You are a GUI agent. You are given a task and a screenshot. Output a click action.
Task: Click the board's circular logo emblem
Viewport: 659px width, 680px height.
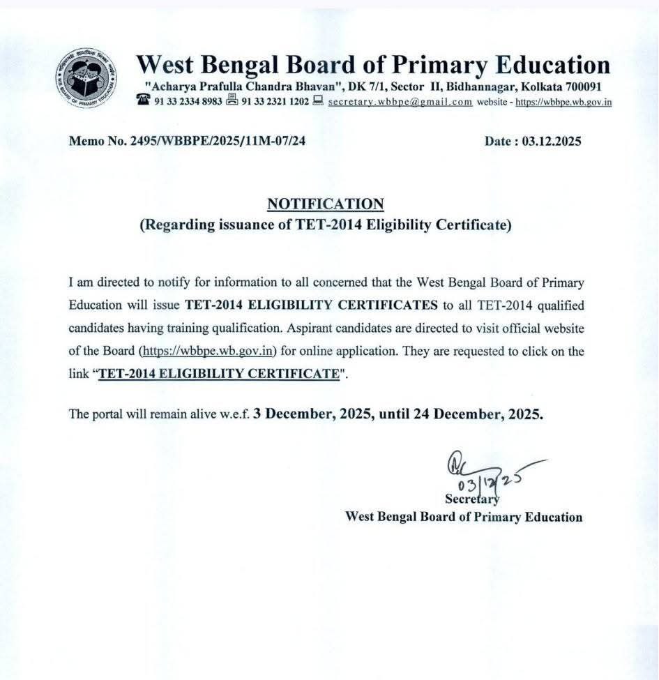(x=86, y=77)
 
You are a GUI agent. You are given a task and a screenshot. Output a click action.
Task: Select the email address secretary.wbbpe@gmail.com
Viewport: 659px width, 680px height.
(x=400, y=101)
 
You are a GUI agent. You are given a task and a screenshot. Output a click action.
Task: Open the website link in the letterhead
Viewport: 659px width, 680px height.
(x=563, y=102)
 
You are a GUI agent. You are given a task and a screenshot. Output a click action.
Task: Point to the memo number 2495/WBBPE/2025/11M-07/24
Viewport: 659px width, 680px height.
(x=187, y=141)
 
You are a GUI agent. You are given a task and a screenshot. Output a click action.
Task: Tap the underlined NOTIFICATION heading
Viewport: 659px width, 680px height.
(x=326, y=204)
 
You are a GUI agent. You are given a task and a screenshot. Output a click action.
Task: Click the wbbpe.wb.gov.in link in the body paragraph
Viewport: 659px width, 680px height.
(x=209, y=350)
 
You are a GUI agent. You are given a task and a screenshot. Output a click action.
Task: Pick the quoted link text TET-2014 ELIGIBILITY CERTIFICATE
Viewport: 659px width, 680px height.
(x=218, y=373)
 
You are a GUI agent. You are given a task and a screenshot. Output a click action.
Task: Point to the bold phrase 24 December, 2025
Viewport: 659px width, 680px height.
(x=487, y=413)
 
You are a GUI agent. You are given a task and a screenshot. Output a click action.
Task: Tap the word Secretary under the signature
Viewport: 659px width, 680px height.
(x=471, y=499)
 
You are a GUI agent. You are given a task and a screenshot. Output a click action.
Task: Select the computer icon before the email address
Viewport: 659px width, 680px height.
(x=318, y=100)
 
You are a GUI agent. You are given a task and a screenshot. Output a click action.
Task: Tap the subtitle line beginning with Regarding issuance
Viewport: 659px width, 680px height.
(x=326, y=225)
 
